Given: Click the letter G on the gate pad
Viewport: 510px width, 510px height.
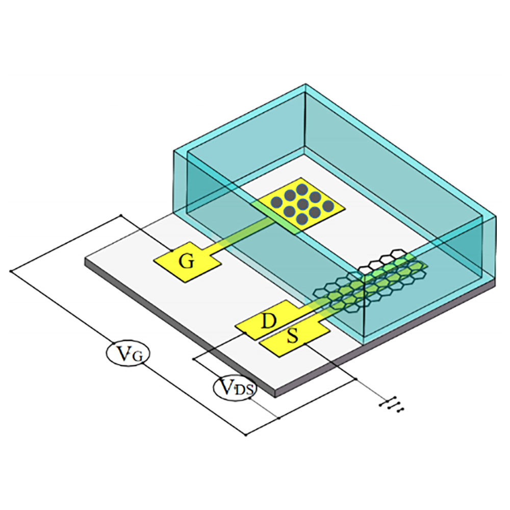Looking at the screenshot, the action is click(187, 261).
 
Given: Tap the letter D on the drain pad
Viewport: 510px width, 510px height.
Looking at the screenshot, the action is click(269, 321).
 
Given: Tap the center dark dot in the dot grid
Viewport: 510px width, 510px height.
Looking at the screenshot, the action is click(302, 205).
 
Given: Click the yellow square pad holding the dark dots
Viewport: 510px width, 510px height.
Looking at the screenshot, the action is click(302, 205).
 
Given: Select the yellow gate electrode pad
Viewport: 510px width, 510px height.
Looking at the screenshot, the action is click(187, 262).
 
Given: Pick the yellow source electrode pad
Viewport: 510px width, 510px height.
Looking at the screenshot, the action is click(295, 338).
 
